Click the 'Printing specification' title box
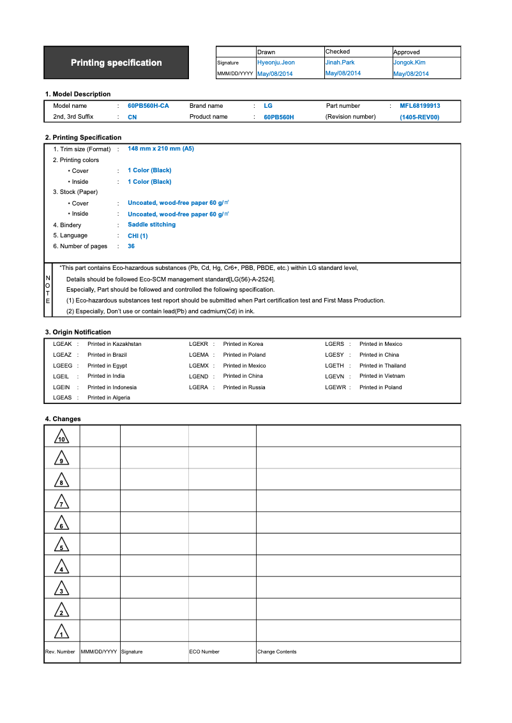pyautogui.click(x=116, y=63)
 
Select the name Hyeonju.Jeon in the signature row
pyautogui.click(x=276, y=63)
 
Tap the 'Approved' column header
pyautogui.click(x=407, y=52)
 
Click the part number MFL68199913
pyautogui.click(x=420, y=106)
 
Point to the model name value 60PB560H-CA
pyautogui.click(x=148, y=106)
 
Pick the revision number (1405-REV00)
pyautogui.click(x=419, y=117)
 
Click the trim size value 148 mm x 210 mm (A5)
pyautogui.click(x=161, y=149)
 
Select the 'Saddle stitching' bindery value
pyautogui.click(x=151, y=225)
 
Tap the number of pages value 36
pyautogui.click(x=131, y=246)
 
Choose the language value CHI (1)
pyautogui.click(x=137, y=235)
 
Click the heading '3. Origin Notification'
pyautogui.click(x=78, y=332)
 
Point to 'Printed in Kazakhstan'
pyautogui.click(x=114, y=344)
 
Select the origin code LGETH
pyautogui.click(x=335, y=366)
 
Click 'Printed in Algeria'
pyautogui.click(x=109, y=398)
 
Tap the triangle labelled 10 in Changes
pyautogui.click(x=61, y=437)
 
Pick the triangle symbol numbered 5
pyautogui.click(x=61, y=545)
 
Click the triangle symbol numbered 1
pyautogui.click(x=61, y=632)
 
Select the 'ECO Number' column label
pyautogui.click(x=204, y=652)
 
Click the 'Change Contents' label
pyautogui.click(x=276, y=652)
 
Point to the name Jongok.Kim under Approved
pyautogui.click(x=409, y=63)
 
